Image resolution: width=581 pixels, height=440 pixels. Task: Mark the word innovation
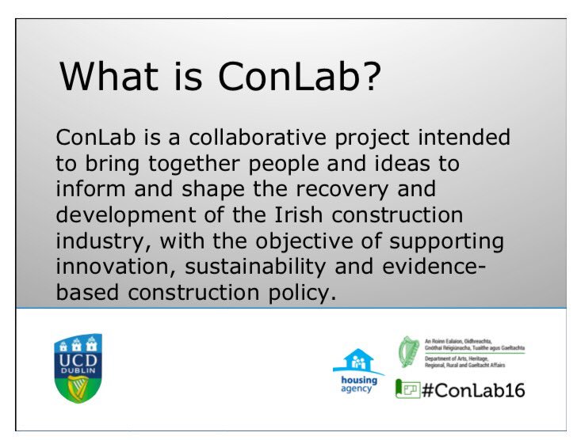click(x=112, y=267)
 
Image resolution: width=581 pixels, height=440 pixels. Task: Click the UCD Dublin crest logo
click(x=78, y=366)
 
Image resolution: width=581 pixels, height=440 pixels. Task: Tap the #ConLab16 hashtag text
click(x=474, y=389)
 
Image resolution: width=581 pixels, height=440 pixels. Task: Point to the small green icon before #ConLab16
click(x=407, y=389)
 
